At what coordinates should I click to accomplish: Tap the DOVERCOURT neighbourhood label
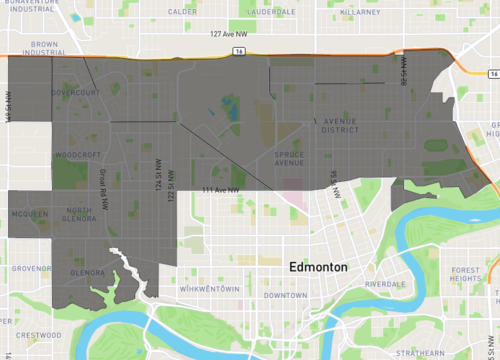(78, 93)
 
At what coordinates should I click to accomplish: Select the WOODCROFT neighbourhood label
(78, 156)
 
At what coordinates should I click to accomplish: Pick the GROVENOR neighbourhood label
(31, 268)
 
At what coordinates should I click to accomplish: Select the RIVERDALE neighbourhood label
(385, 284)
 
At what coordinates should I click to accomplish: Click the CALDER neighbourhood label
(182, 12)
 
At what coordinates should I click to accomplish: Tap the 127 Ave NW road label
(229, 34)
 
